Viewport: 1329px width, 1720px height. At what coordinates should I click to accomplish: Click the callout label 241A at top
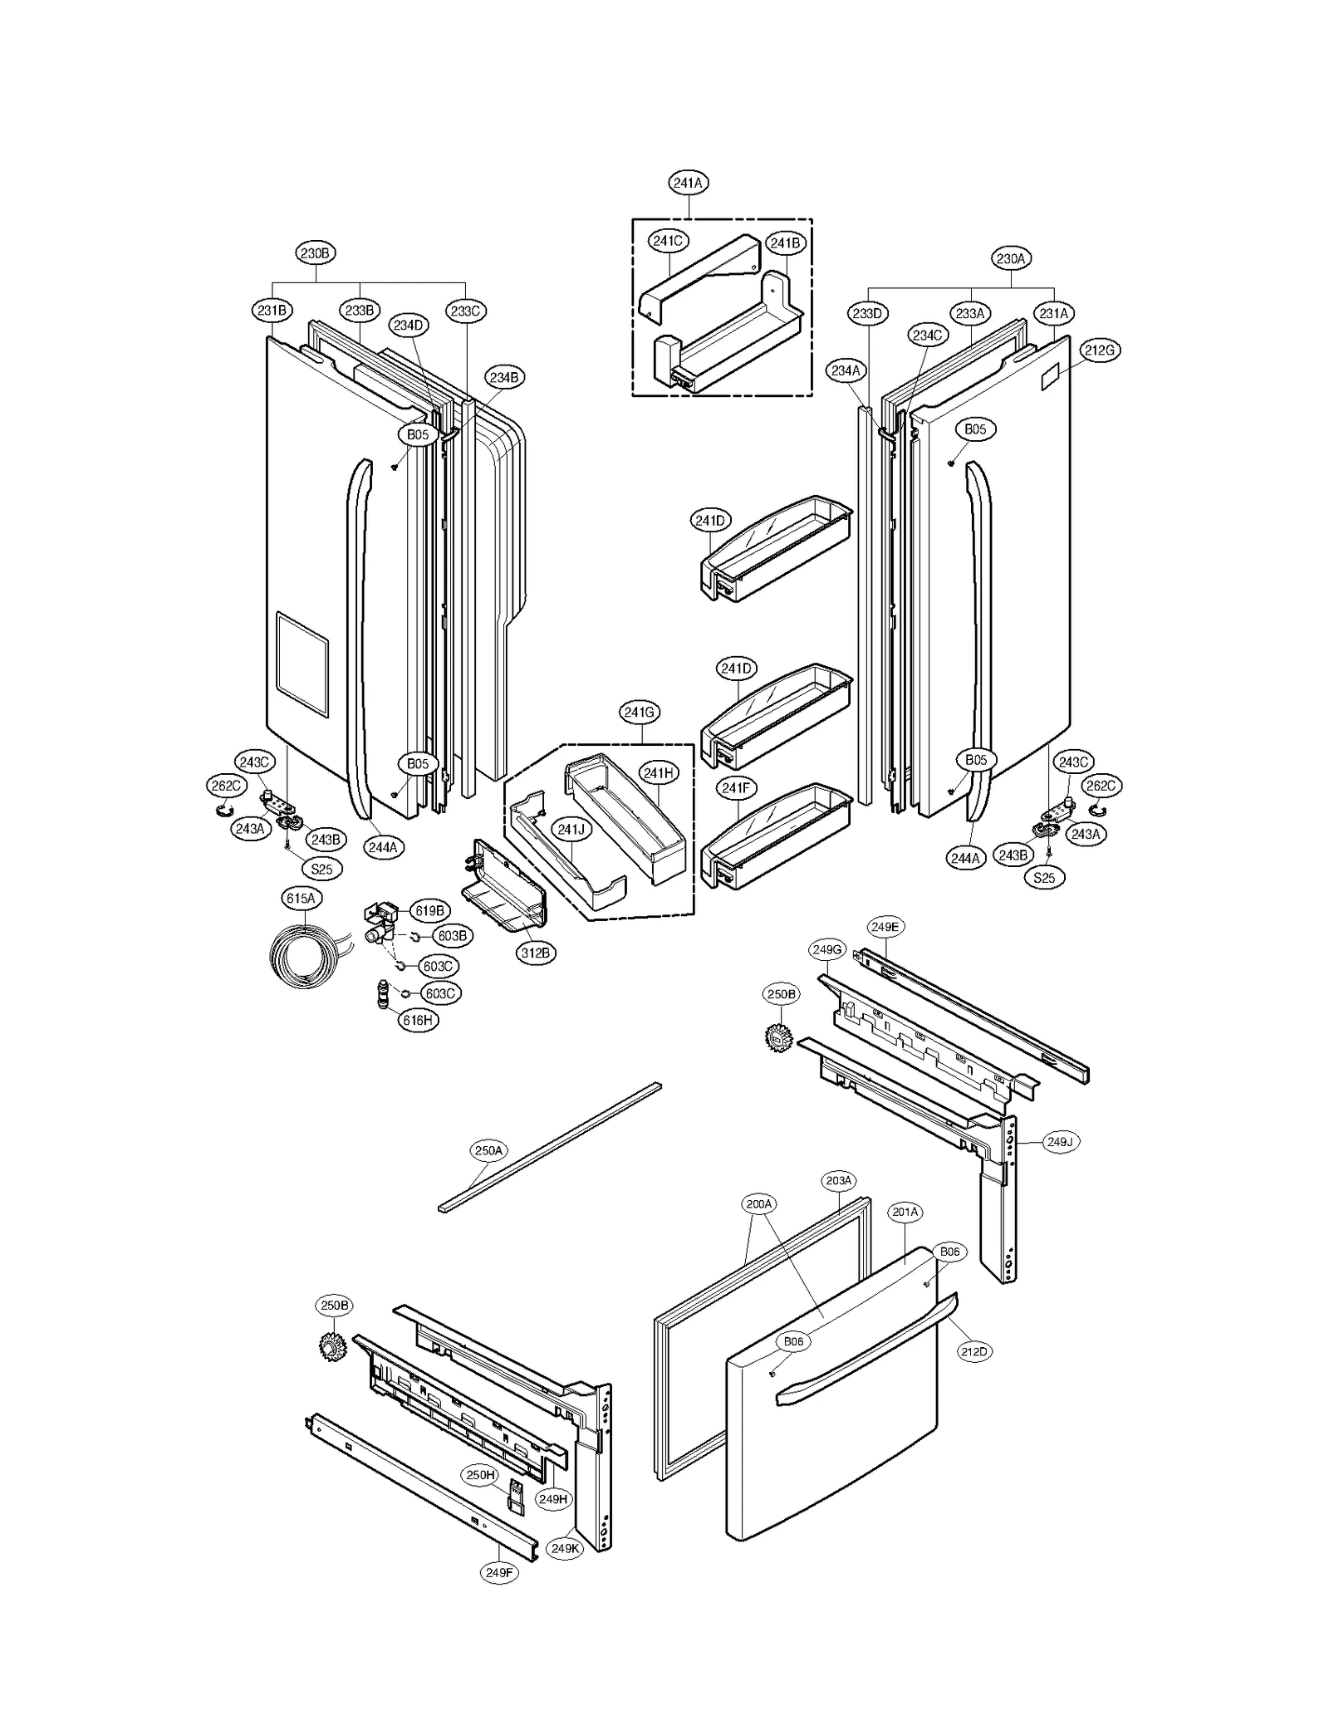(x=688, y=183)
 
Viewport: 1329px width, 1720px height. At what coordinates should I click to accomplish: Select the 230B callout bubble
(x=316, y=253)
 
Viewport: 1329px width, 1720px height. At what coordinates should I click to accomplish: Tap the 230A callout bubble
(x=1011, y=259)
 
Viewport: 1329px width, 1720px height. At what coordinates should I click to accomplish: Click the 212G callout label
(x=1099, y=350)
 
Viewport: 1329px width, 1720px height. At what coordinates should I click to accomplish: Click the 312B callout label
(x=536, y=953)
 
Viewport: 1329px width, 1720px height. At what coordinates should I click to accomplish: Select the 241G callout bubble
(x=640, y=713)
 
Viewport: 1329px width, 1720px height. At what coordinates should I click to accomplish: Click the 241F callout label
(x=735, y=787)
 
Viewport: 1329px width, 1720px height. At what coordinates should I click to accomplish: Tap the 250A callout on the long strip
(x=488, y=1151)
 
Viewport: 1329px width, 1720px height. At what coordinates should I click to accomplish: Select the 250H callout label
(x=481, y=1475)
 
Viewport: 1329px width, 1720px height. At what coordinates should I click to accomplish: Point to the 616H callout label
(x=418, y=1020)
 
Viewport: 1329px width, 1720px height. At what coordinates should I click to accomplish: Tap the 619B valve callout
(x=429, y=911)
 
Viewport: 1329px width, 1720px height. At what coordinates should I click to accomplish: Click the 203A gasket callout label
(x=839, y=1181)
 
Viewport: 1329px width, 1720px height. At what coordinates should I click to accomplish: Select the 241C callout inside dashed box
(x=668, y=241)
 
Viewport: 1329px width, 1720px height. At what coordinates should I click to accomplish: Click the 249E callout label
(x=885, y=927)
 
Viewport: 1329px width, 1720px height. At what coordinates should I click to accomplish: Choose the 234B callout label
(x=503, y=378)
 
